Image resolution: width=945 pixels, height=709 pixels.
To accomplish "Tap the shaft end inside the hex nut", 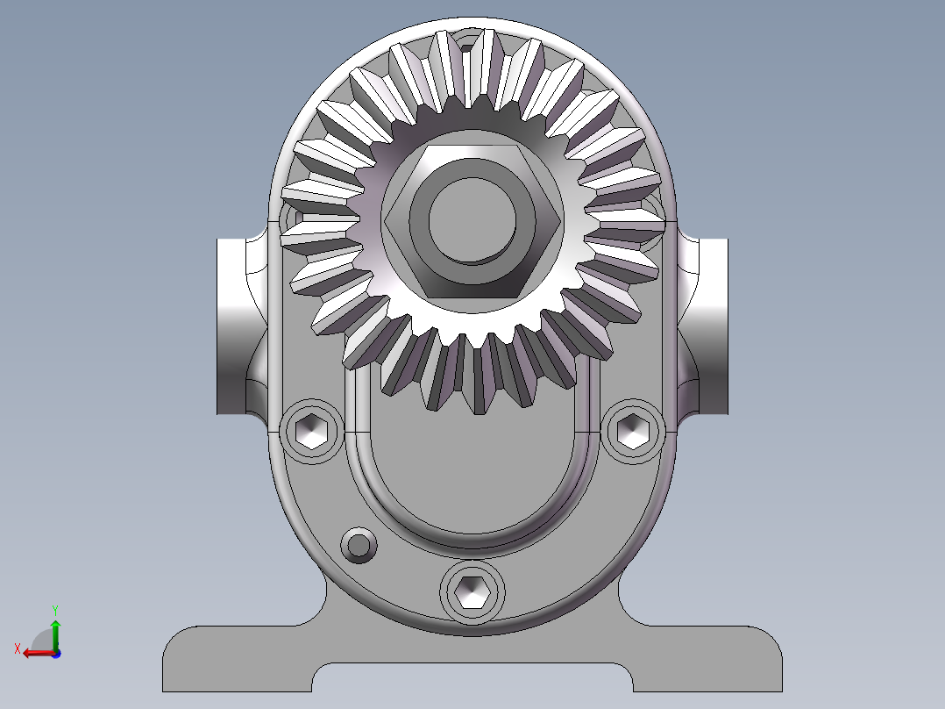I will click(x=471, y=220).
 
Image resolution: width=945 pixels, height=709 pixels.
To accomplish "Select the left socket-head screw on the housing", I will click(x=312, y=431).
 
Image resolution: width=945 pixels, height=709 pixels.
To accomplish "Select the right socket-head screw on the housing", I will click(x=631, y=430).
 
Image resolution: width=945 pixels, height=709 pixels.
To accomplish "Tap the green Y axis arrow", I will click(x=55, y=630).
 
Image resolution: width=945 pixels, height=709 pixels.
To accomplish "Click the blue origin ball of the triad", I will click(x=55, y=653).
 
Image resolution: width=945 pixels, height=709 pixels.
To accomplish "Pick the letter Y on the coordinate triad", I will click(x=55, y=608).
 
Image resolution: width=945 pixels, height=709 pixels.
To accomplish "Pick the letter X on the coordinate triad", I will click(x=17, y=648).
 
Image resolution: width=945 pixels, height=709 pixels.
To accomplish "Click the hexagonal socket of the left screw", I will click(x=312, y=431).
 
